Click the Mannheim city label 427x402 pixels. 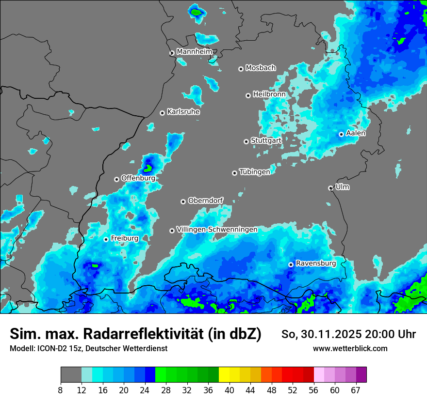(194, 51)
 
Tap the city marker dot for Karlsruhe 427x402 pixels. (163, 113)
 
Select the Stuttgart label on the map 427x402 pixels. (266, 140)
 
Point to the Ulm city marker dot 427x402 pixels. (331, 188)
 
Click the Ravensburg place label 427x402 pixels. (315, 263)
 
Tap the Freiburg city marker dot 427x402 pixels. (106, 239)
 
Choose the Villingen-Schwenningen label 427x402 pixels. (217, 230)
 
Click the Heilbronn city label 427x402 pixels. (269, 94)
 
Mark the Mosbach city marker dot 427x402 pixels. (241, 69)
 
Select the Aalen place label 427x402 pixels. (356, 133)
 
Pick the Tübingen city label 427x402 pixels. (255, 172)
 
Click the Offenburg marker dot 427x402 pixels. (116, 179)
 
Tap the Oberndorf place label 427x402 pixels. (205, 201)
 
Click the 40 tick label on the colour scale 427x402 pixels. (230, 390)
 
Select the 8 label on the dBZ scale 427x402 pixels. (61, 390)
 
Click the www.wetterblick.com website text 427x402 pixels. (350, 348)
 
